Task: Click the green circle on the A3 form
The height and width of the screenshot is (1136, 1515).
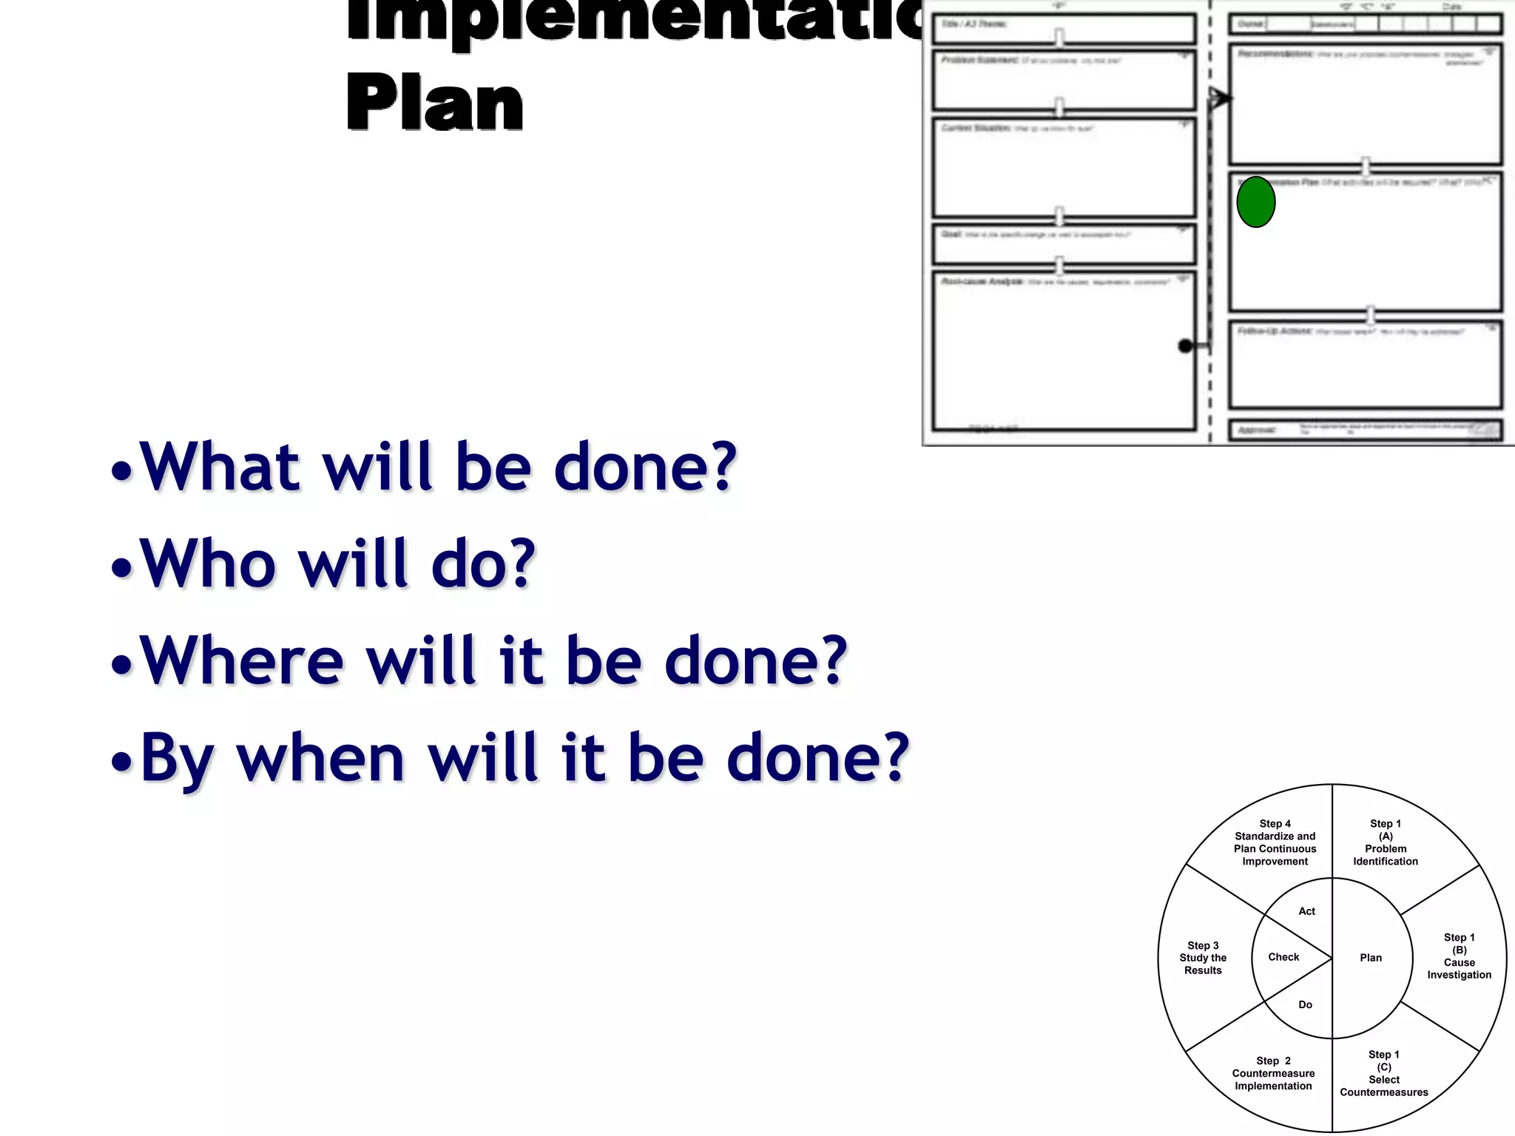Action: pos(1256,201)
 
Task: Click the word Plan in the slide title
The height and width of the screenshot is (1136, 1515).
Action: pos(434,104)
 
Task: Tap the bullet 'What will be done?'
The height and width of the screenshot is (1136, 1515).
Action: pos(438,467)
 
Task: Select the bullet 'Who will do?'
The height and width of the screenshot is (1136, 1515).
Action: pos(337,564)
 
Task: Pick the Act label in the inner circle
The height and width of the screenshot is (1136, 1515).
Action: pos(1306,911)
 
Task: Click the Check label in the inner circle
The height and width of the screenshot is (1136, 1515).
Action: pos(1283,957)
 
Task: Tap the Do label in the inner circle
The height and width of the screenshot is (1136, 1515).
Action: pos(1305,1004)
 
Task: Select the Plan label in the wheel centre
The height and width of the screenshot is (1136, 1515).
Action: pos(1370,958)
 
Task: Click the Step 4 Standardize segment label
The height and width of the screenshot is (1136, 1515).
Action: pos(1275,842)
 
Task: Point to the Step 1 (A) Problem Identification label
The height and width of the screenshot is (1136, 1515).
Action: pos(1386,842)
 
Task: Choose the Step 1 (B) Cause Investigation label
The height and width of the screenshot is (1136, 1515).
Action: pos(1459,956)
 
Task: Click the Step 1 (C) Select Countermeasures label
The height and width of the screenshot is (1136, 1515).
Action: pos(1383,1073)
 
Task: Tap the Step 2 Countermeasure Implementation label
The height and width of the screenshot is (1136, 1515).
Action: pos(1273,1073)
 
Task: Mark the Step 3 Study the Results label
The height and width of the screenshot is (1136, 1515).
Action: pos(1203,958)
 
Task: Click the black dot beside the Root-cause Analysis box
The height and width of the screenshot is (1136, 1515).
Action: pos(1185,345)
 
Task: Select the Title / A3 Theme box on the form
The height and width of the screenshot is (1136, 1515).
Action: pos(1063,29)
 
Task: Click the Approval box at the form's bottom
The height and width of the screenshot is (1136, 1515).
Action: pos(1365,430)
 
